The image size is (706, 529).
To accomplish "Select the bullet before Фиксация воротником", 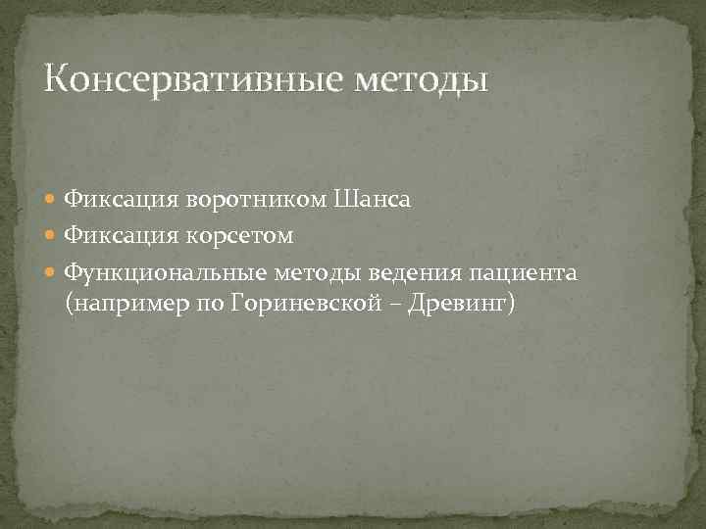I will click(54, 200).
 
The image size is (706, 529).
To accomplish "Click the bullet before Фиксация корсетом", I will click(54, 236).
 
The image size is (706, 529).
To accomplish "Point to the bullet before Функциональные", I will click(54, 271).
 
